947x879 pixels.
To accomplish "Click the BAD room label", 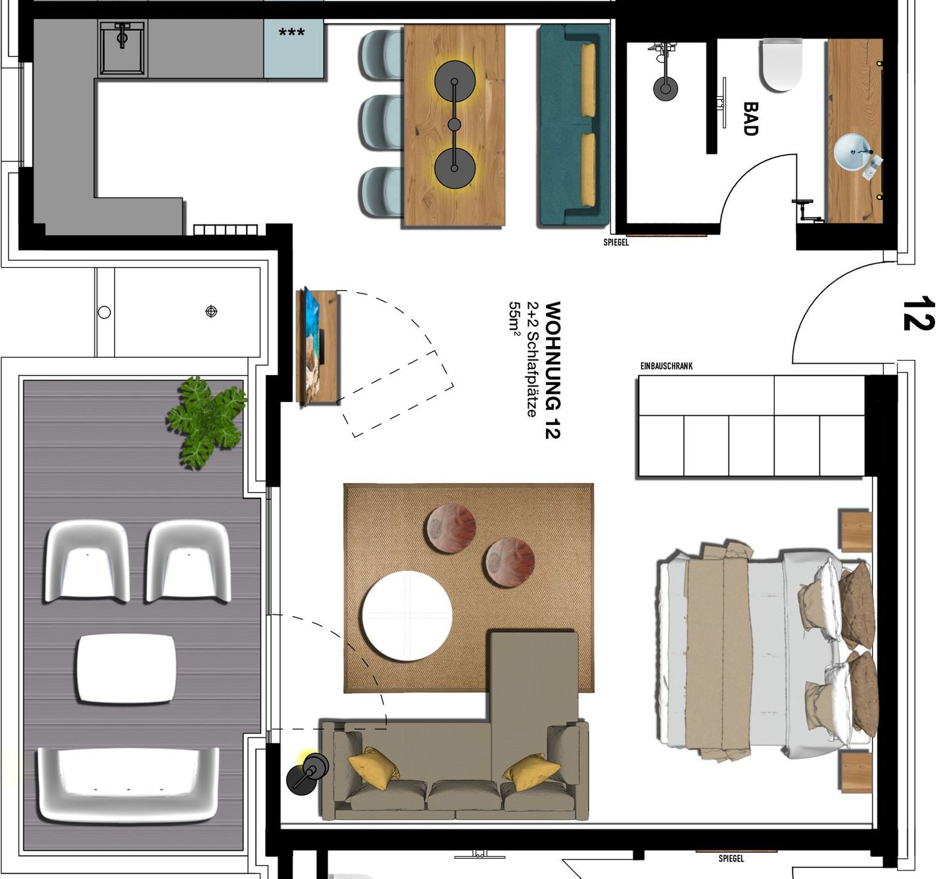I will click(750, 118).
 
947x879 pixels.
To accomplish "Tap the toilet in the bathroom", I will click(782, 64).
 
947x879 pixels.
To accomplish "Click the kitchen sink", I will click(122, 47).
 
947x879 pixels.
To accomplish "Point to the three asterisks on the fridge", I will click(291, 32).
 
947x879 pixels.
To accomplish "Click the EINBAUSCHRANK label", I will click(666, 366).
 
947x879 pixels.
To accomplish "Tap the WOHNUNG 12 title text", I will click(552, 370).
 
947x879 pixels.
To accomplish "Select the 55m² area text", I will click(514, 319).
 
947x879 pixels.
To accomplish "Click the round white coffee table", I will click(407, 615).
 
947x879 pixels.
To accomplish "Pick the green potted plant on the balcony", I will click(206, 422).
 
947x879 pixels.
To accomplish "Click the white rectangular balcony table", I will click(126, 668).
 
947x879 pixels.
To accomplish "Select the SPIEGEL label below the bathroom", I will click(616, 242).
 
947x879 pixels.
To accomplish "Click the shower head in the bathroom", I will click(666, 88).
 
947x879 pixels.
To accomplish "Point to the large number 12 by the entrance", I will click(918, 314).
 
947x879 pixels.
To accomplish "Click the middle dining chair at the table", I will click(381, 123).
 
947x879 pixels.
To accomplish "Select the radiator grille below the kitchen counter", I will click(225, 230).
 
